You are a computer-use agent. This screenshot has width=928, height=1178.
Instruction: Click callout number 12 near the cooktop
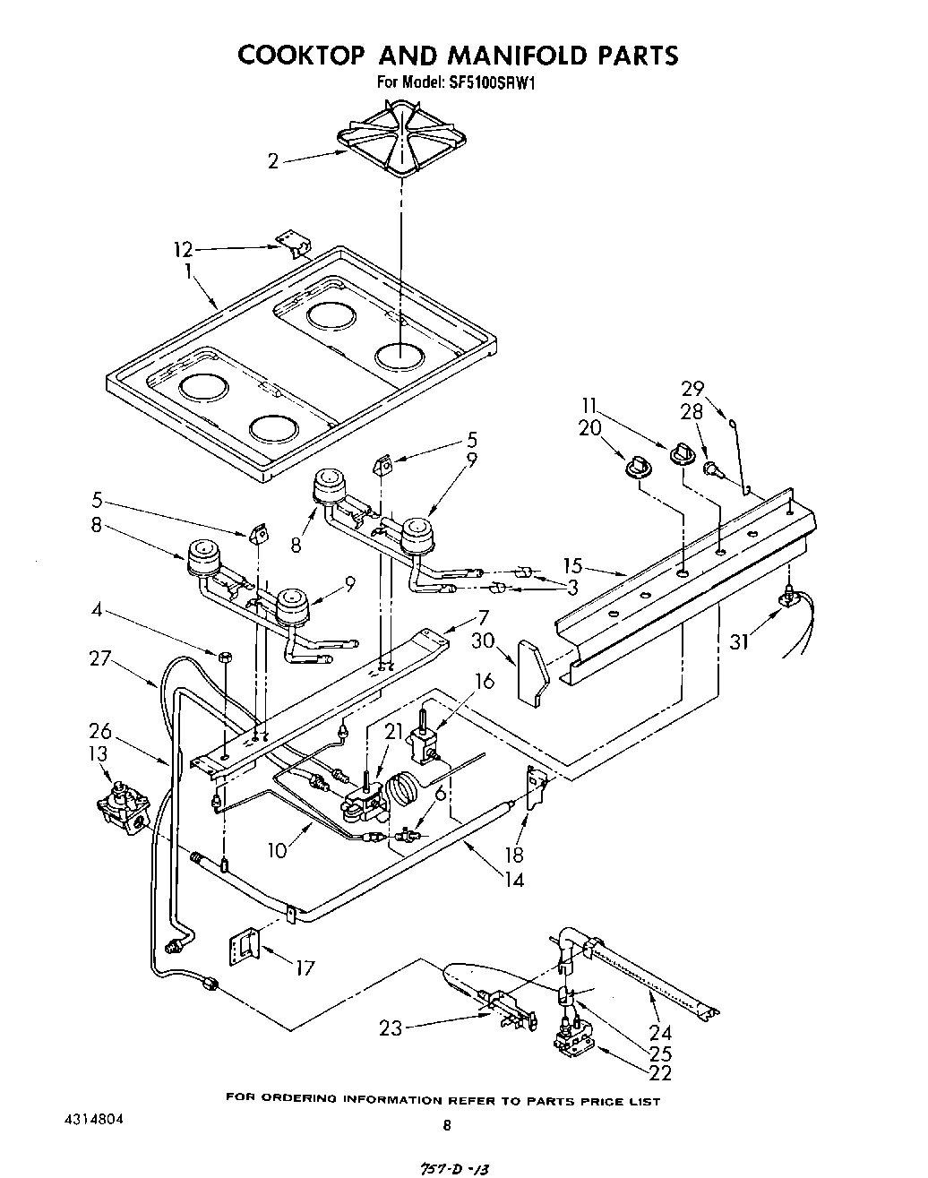tap(182, 250)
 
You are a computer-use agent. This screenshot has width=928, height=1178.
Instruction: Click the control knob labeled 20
tap(638, 464)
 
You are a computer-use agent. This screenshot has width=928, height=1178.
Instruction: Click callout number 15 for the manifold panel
tap(573, 566)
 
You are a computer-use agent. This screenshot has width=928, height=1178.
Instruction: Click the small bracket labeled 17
tap(244, 944)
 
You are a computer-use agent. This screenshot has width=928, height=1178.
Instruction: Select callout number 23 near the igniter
tap(391, 1029)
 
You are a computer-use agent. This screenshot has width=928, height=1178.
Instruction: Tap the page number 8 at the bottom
tap(447, 1126)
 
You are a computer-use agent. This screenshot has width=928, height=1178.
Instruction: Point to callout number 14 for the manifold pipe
tap(513, 879)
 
